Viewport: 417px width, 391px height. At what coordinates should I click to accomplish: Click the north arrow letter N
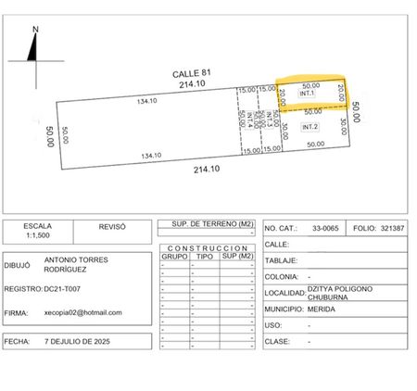35,30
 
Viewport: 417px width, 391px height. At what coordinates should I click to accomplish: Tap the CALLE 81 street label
192,73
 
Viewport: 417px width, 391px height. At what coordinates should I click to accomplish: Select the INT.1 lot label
307,93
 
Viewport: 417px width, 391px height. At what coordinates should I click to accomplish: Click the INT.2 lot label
310,127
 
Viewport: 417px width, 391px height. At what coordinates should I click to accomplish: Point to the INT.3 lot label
269,120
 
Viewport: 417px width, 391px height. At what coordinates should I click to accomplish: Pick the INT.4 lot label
249,120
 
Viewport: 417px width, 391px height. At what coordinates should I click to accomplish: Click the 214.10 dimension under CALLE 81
192,83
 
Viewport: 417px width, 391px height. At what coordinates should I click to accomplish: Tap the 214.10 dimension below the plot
207,170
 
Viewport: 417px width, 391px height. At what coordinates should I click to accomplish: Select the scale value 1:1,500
38,235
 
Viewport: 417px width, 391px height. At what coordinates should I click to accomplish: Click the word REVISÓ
112,227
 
